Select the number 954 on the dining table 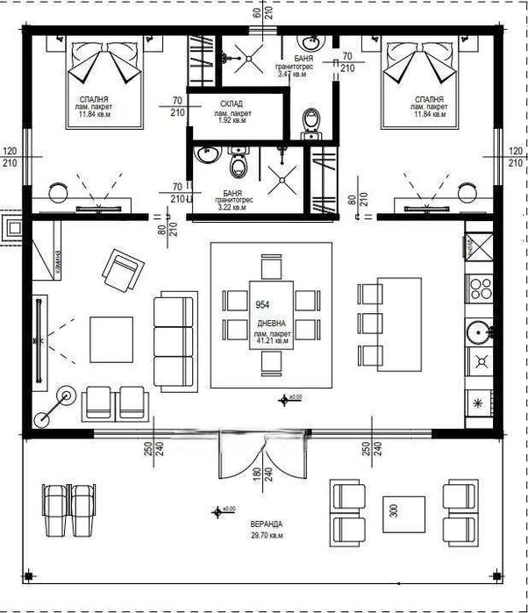261,304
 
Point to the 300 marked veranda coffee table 393,508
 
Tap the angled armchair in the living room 122,270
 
